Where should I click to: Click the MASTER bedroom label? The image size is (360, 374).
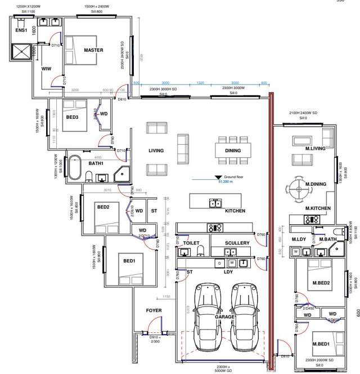pyautogui.click(x=93, y=50)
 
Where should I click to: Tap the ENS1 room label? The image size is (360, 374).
pyautogui.click(x=21, y=30)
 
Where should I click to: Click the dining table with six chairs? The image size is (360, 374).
pyautogui.click(x=232, y=150)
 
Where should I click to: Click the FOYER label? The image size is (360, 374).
pyautogui.click(x=154, y=310)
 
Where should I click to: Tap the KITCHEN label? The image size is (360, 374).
pyautogui.click(x=235, y=211)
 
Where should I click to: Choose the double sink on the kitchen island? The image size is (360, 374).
pyautogui.click(x=215, y=203)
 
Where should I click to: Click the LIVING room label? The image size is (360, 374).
pyautogui.click(x=156, y=150)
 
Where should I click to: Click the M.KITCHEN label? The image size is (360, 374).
pyautogui.click(x=318, y=209)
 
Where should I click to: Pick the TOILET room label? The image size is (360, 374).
pyautogui.click(x=191, y=243)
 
